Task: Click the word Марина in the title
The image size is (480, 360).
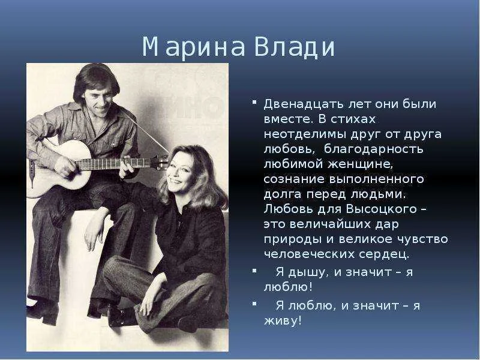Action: click(193, 47)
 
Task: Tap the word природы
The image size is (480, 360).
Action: click(288, 239)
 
